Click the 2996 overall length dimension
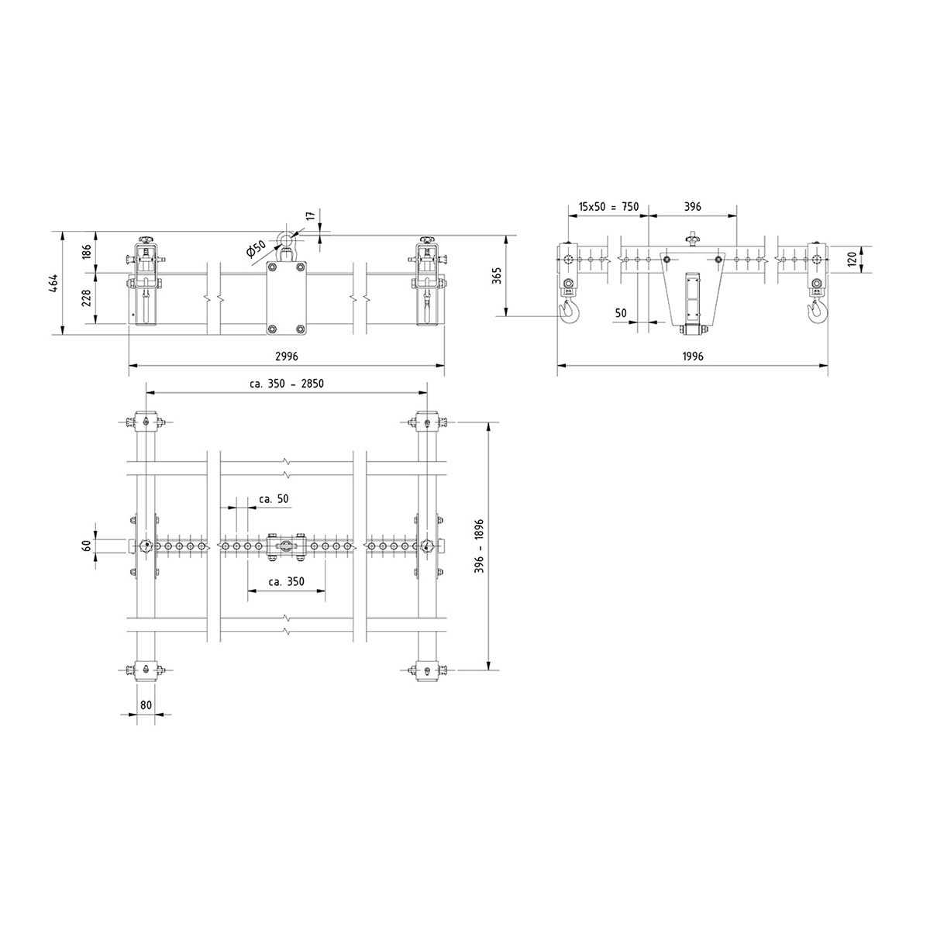click(x=287, y=356)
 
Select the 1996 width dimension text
click(x=693, y=356)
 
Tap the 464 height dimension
click(x=53, y=283)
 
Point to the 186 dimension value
click(x=87, y=253)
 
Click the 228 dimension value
click(x=87, y=298)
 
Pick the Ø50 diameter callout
click(x=257, y=250)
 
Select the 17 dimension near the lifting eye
click(x=310, y=215)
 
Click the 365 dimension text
click(x=497, y=275)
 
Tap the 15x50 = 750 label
click(x=608, y=207)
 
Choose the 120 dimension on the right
click(x=852, y=259)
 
